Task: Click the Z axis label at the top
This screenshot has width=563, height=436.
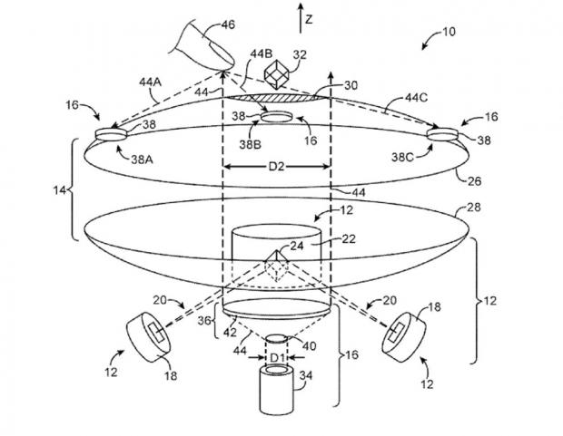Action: [x=309, y=19]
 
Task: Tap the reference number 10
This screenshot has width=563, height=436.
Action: [x=449, y=32]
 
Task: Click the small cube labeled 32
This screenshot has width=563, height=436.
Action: [x=276, y=74]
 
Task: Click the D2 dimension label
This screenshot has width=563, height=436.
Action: [x=276, y=167]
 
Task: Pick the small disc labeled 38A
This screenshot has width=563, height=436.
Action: [x=111, y=134]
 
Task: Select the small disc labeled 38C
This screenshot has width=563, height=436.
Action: [x=442, y=134]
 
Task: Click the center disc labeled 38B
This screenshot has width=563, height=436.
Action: [x=276, y=117]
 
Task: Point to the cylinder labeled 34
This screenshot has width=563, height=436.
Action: [x=277, y=389]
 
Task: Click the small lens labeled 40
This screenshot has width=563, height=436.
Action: [x=276, y=338]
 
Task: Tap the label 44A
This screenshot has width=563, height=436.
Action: [x=151, y=82]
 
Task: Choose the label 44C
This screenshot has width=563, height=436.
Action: [x=417, y=98]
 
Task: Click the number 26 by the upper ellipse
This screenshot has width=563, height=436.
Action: [x=474, y=181]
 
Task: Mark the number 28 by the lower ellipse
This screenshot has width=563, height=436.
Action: [x=473, y=208]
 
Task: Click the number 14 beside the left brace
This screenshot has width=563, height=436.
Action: [x=60, y=190]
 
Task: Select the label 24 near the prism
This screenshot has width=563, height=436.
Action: [x=297, y=246]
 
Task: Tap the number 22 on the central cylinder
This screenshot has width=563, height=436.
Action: [x=349, y=238]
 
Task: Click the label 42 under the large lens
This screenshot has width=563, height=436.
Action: [x=230, y=333]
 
